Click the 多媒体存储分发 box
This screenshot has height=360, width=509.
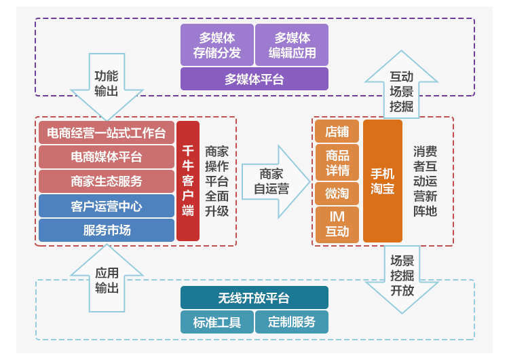(x=217, y=45)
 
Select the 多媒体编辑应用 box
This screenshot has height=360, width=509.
(x=292, y=45)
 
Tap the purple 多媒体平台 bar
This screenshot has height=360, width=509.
(x=254, y=79)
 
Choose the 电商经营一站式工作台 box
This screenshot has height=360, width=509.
(x=107, y=132)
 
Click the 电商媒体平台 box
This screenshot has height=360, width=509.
(x=107, y=157)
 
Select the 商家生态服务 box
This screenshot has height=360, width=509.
(x=107, y=181)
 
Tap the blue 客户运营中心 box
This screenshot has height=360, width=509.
(x=107, y=206)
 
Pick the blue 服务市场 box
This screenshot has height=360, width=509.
(x=107, y=230)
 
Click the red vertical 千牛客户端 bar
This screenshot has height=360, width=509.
(x=188, y=181)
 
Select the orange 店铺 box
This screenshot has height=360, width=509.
(x=337, y=131)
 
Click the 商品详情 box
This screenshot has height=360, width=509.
(x=337, y=162)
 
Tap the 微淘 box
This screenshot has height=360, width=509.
(x=337, y=194)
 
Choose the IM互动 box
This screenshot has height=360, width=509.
(x=337, y=224)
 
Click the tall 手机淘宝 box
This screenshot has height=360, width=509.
(x=383, y=181)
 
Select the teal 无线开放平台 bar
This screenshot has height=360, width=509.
(x=254, y=298)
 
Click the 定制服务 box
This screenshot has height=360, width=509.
(x=292, y=322)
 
